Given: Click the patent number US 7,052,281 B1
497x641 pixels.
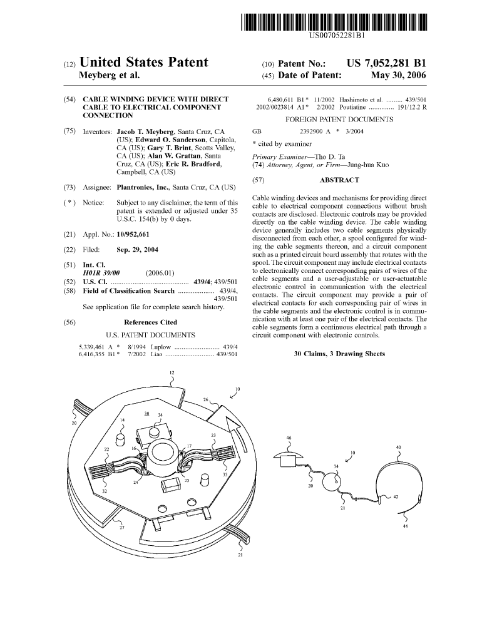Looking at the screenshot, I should click(386, 63).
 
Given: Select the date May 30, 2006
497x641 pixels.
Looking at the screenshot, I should click(398, 76).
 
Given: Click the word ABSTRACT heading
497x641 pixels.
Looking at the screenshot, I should click(339, 180).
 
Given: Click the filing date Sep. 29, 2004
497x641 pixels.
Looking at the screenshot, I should click(138, 250).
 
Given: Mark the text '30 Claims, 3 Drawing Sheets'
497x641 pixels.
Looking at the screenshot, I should click(339, 354).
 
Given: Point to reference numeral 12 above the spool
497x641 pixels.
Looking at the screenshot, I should click(172, 374).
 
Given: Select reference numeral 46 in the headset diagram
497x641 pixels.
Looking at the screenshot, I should click(289, 438).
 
